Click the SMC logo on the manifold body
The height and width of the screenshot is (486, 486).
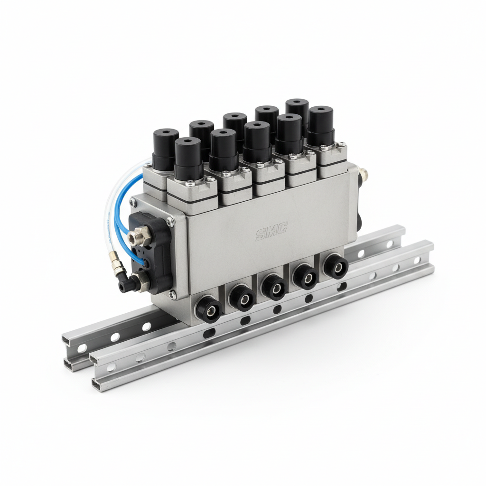point(271,231)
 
